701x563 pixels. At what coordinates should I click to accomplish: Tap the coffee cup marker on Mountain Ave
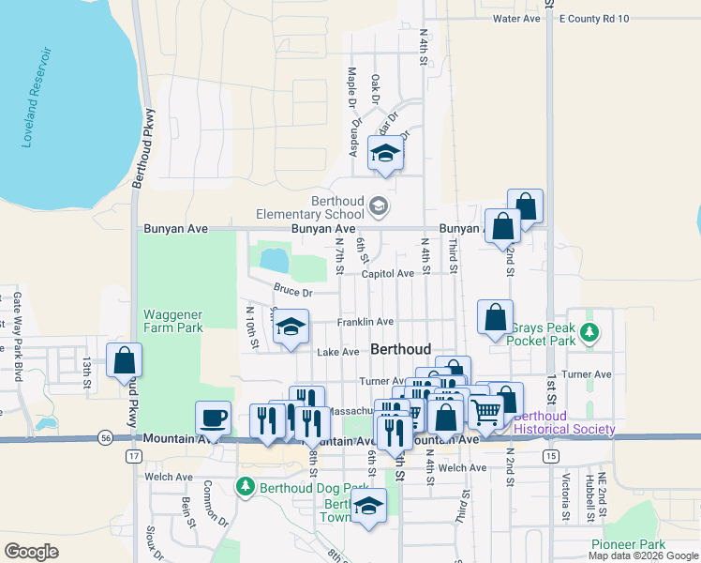click(213, 418)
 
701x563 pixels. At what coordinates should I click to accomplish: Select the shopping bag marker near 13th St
click(124, 360)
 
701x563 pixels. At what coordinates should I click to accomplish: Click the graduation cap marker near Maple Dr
click(384, 153)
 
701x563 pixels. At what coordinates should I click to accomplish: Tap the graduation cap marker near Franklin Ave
click(291, 327)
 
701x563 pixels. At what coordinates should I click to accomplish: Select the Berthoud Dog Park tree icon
click(245, 487)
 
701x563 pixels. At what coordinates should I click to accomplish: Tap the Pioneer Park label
click(627, 544)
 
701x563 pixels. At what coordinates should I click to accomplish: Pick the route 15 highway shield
click(551, 456)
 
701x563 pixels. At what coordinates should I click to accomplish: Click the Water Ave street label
click(516, 19)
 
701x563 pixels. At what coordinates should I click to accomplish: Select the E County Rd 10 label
click(594, 19)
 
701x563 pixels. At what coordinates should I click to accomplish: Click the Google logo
click(32, 552)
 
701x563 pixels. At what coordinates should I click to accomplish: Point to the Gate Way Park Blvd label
click(17, 324)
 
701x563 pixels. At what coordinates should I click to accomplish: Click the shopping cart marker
click(485, 409)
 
